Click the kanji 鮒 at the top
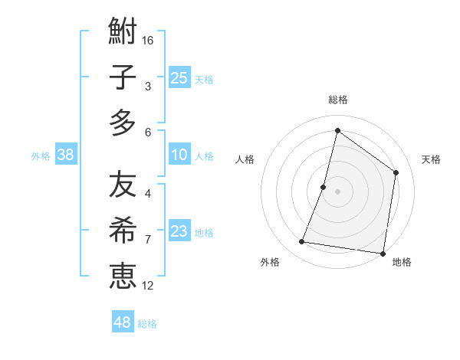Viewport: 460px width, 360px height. [123, 33]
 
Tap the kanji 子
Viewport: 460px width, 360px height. [123, 78]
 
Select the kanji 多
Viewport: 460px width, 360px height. [123, 123]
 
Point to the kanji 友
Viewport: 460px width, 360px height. [123, 185]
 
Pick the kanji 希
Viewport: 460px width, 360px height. [123, 231]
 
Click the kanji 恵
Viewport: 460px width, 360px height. [123, 276]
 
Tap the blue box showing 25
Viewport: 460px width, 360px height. [179, 77]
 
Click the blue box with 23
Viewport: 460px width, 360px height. [179, 231]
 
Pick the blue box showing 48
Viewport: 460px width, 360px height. [123, 322]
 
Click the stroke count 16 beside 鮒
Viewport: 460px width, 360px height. [148, 39]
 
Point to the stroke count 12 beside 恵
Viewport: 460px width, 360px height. [148, 286]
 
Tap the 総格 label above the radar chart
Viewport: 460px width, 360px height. [338, 100]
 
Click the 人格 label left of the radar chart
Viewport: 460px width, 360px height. [245, 160]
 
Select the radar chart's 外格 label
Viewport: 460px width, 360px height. [270, 263]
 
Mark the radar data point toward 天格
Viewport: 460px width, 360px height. [396, 172]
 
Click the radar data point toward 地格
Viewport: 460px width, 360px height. [383, 253]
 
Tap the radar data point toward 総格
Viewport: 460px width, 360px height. [337, 130]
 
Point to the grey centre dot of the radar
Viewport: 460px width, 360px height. [337, 191]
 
